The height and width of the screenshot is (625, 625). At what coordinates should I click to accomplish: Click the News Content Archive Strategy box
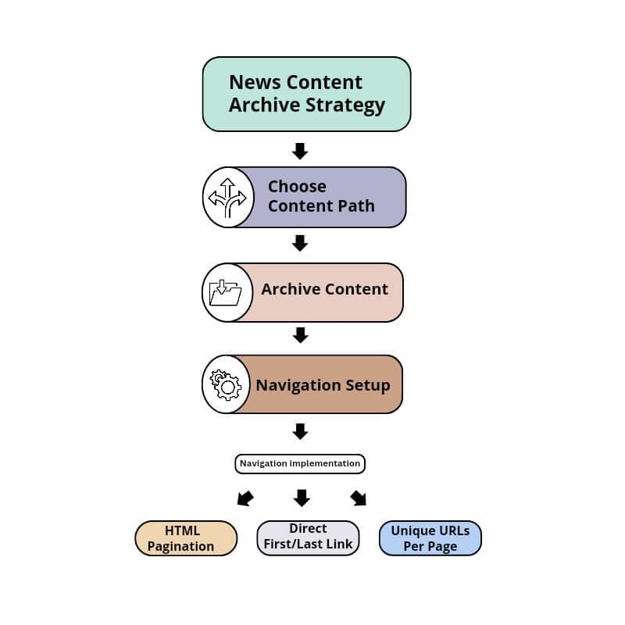[x=306, y=94]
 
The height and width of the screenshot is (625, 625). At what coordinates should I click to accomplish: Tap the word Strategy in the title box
[x=346, y=105]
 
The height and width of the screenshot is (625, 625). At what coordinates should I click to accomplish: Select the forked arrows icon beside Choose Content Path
[x=227, y=197]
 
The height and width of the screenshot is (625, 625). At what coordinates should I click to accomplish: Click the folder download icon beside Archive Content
[x=226, y=292]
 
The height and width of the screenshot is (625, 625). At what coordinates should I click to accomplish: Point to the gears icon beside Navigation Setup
[x=227, y=384]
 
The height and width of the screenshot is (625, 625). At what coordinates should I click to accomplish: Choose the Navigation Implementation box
[x=300, y=463]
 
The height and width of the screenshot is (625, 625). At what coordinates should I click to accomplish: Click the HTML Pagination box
[x=186, y=538]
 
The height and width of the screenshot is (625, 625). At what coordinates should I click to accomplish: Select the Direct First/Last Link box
[x=308, y=537]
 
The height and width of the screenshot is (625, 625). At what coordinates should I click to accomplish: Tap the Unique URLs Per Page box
[x=430, y=538]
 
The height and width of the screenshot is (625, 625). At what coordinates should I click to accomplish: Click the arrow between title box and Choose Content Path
[x=300, y=151]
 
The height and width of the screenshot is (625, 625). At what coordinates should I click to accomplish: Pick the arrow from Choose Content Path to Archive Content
[x=300, y=244]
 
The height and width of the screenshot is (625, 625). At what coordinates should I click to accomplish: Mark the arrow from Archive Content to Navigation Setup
[x=300, y=335]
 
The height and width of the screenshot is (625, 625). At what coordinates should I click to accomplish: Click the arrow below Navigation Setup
[x=300, y=430]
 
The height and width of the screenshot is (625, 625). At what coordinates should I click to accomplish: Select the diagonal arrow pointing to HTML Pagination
[x=245, y=498]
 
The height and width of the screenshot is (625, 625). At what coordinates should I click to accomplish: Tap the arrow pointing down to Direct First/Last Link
[x=302, y=498]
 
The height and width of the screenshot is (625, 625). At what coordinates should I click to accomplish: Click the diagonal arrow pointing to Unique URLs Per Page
[x=358, y=498]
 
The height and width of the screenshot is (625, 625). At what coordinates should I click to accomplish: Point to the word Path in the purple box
[x=356, y=206]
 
